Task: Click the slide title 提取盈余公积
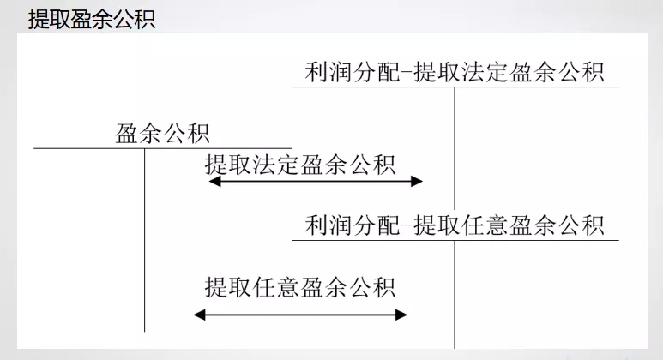[x=91, y=19]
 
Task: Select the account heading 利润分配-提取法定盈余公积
[x=455, y=72]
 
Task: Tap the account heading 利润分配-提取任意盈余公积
[x=455, y=225]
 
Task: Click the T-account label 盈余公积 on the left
[x=162, y=134]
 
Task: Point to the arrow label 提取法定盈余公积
[x=300, y=165]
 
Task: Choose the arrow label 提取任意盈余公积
[x=300, y=285]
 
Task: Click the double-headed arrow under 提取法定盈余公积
[x=315, y=181]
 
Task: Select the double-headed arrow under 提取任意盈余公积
[x=300, y=315]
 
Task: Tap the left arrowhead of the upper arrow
[x=214, y=181]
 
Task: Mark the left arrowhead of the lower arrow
[x=200, y=315]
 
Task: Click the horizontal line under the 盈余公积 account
[x=162, y=148]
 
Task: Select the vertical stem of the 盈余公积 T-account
[x=144, y=240]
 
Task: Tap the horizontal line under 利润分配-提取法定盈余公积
[x=455, y=87]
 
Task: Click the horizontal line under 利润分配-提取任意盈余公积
[x=455, y=240]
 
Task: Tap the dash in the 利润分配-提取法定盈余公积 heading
[x=404, y=73]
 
